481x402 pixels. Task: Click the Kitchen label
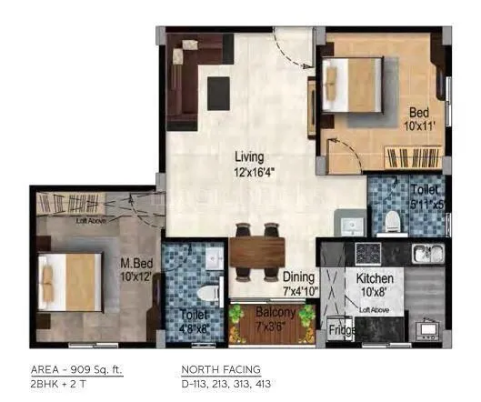375,277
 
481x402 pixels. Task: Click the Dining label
297,277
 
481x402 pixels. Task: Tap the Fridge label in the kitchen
341,330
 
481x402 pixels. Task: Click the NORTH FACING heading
222,368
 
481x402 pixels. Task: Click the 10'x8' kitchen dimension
373,292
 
